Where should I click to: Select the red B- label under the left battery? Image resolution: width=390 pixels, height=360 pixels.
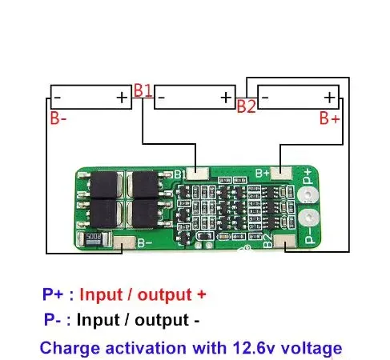click(x=58, y=119)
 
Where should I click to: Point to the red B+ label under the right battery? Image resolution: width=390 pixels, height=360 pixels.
click(x=329, y=119)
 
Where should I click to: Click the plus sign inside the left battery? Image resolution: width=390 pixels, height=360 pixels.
click(x=121, y=98)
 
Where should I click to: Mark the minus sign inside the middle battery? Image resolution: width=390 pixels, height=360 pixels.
click(x=162, y=98)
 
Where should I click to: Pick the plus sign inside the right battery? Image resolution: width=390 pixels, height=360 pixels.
click(x=329, y=98)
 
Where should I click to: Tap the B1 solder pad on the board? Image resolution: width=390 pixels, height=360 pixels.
click(x=201, y=173)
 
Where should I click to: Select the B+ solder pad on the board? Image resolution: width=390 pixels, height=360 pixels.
click(x=281, y=173)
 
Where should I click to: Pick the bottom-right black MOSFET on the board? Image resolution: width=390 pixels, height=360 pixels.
click(x=147, y=214)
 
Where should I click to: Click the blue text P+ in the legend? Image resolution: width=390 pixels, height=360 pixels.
click(x=53, y=294)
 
